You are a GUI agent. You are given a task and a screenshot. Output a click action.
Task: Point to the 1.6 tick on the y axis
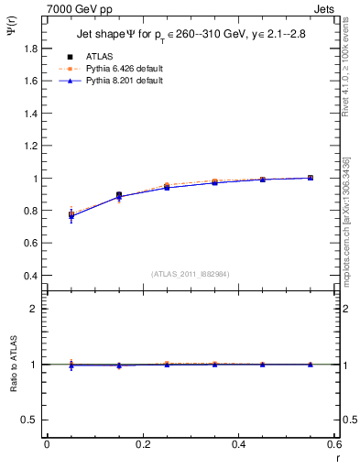click(31, 81)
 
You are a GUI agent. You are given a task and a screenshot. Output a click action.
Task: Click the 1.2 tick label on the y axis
click(31, 130)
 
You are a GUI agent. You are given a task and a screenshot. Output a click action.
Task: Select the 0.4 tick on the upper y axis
click(31, 276)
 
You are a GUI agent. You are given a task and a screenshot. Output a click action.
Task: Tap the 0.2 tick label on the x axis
click(142, 443)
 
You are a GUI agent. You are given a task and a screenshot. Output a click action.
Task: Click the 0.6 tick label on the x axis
click(334, 443)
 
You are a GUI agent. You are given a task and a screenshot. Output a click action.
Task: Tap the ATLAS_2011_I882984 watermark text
click(190, 273)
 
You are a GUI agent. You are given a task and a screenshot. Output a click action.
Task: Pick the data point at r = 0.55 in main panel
click(311, 178)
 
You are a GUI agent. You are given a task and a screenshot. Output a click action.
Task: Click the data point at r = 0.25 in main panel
click(167, 186)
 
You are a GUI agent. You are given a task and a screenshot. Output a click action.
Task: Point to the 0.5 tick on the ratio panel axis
click(31, 420)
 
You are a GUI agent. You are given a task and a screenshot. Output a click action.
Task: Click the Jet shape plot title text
click(190, 36)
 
